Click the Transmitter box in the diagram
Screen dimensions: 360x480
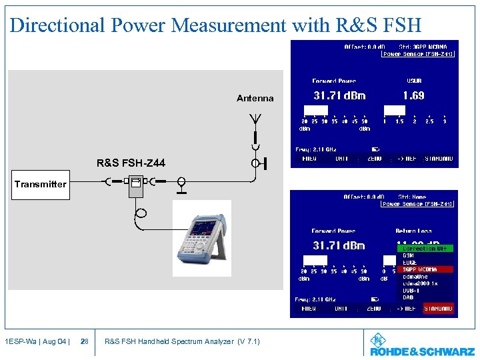(x=41, y=184)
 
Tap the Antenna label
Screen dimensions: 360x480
(x=255, y=98)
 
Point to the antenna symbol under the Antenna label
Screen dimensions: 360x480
(x=255, y=121)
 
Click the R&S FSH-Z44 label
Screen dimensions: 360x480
(x=131, y=163)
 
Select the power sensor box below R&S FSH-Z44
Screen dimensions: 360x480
(x=137, y=186)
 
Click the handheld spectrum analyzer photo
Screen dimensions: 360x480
(x=202, y=239)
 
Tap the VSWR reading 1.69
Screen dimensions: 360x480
(x=413, y=96)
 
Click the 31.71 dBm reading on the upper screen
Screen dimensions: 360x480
(x=339, y=96)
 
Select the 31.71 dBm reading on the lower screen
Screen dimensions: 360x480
(x=339, y=245)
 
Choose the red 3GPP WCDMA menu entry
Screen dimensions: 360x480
(x=425, y=269)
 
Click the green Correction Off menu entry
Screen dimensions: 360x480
(x=425, y=249)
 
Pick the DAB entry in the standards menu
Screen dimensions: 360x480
(x=409, y=297)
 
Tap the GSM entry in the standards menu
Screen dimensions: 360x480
(x=409, y=255)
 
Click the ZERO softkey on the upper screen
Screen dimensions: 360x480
(x=374, y=159)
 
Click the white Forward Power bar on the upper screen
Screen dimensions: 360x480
(x=315, y=110)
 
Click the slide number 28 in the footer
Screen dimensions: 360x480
(x=84, y=341)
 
